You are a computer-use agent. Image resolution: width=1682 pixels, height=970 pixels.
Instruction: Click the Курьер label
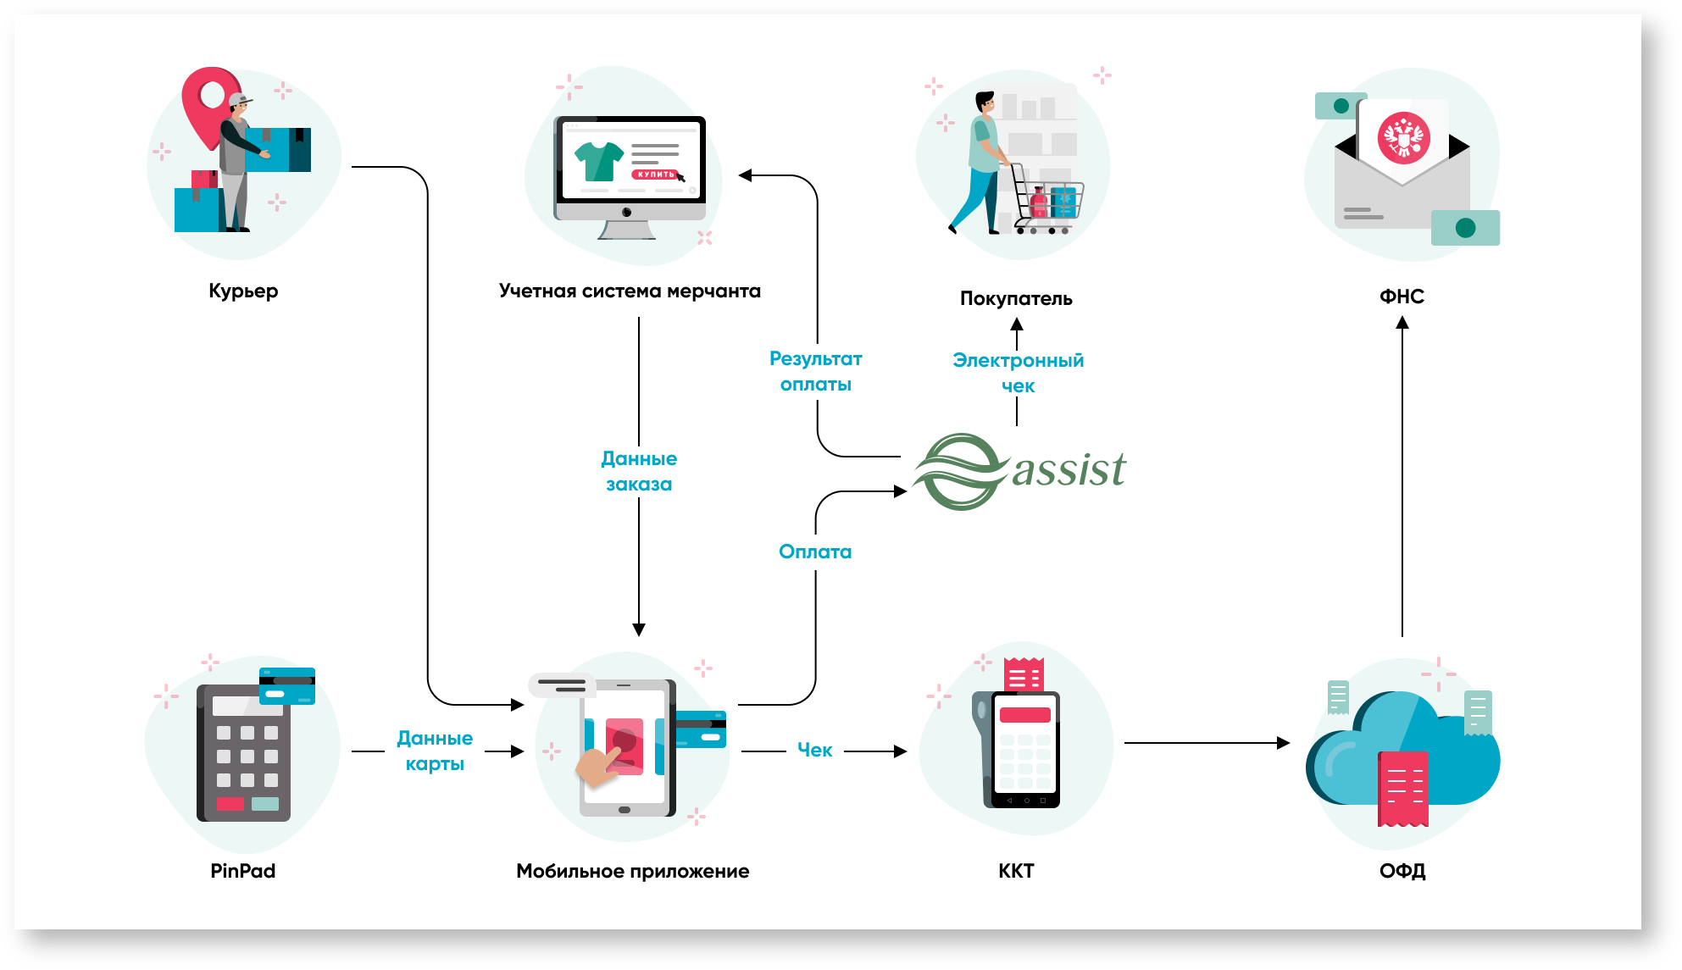243,291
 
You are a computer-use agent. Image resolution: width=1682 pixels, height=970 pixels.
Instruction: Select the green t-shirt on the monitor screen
598,161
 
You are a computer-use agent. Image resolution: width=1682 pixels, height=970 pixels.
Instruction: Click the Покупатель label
1016,298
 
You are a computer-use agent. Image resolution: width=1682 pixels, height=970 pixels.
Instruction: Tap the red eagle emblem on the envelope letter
1403,138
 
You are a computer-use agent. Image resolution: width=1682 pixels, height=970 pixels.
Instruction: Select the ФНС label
1402,297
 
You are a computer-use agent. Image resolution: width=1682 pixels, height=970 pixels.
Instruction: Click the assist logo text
1069,469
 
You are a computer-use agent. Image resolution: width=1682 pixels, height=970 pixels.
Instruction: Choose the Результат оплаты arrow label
815,371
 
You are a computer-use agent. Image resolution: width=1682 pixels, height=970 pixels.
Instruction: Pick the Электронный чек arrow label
1018,373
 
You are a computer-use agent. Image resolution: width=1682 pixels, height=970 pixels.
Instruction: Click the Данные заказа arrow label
639,471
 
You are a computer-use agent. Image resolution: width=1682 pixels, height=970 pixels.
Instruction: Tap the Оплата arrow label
815,552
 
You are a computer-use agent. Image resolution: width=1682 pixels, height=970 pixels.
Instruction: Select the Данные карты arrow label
435,751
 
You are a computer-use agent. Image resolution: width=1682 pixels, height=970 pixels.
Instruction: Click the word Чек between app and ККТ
814,750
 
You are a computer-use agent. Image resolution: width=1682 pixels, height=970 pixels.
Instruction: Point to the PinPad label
243,871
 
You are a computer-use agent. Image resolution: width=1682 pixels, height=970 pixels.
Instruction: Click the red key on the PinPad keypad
230,804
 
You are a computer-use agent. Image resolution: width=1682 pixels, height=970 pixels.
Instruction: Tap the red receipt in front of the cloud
1403,788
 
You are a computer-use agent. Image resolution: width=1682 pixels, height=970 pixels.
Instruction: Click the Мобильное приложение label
632,871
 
